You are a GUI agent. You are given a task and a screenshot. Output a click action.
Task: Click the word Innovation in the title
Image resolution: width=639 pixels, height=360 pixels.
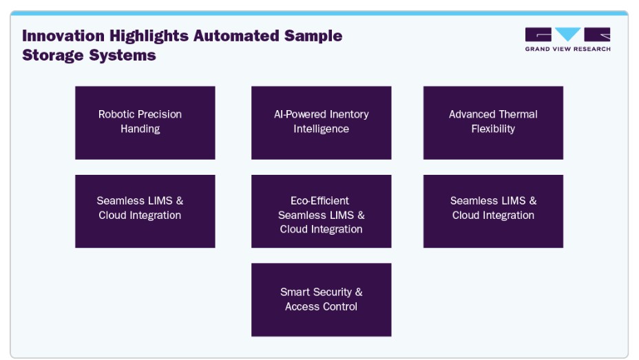63,35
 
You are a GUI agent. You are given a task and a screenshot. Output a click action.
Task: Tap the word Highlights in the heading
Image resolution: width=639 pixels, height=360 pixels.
149,36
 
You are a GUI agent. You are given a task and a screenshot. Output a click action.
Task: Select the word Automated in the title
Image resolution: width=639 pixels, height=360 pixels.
236,35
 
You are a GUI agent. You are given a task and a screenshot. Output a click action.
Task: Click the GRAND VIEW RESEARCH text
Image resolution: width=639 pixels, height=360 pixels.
567,49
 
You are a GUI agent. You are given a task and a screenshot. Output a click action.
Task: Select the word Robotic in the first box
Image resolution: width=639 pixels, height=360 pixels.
112,114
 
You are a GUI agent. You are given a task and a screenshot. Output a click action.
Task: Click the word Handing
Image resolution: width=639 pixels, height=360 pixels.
140,129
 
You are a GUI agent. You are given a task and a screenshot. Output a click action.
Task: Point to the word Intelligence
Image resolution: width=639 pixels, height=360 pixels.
321,129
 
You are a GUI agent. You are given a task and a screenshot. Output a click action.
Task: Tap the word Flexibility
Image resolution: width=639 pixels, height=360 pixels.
493,129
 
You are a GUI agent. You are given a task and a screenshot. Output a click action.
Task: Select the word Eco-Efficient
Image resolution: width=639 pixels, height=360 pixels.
320,201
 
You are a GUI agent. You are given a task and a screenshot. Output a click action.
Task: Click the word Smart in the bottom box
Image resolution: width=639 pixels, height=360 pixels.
295,292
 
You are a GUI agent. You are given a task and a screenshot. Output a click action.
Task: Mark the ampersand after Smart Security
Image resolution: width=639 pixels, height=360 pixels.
359,292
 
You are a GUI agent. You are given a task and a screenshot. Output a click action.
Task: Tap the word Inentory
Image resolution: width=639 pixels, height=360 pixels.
349,114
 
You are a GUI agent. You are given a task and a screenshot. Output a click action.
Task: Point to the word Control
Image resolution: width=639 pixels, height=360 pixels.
339,306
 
